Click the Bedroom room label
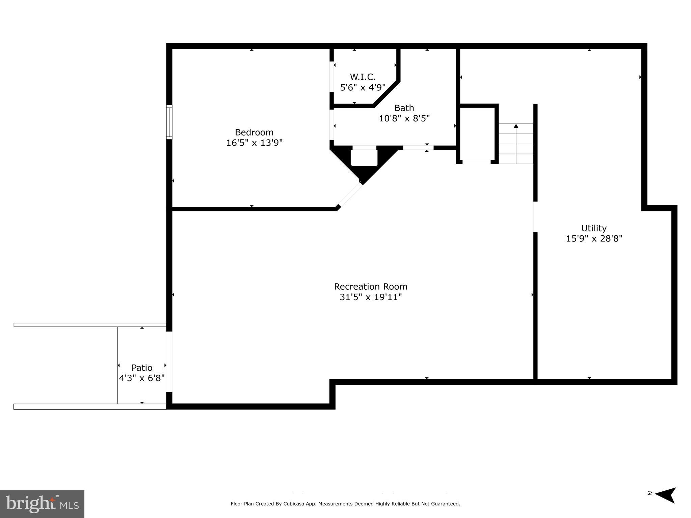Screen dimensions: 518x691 [x=254, y=132]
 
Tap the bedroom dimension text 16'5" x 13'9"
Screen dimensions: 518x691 [x=254, y=143]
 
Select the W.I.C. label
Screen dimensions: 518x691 [x=363, y=77]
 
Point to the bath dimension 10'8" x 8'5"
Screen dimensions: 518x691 [x=404, y=118]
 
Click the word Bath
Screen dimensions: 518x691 [x=404, y=108]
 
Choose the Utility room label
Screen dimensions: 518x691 [x=594, y=228]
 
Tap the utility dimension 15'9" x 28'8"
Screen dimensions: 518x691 [x=594, y=238]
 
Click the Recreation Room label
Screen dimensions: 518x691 [x=371, y=286]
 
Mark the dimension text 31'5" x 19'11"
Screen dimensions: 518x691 [x=371, y=297]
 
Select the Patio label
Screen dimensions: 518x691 [x=142, y=368]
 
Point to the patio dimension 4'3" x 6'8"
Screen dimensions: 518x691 [x=142, y=378]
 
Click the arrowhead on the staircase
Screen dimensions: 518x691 [x=516, y=126]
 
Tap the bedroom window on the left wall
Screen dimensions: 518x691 [x=169, y=122]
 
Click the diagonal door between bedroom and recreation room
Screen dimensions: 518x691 [x=350, y=195]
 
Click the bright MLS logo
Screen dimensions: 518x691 [x=42, y=504]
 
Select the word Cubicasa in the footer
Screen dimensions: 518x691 [x=294, y=504]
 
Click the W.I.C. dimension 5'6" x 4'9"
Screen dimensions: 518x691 [x=363, y=87]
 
